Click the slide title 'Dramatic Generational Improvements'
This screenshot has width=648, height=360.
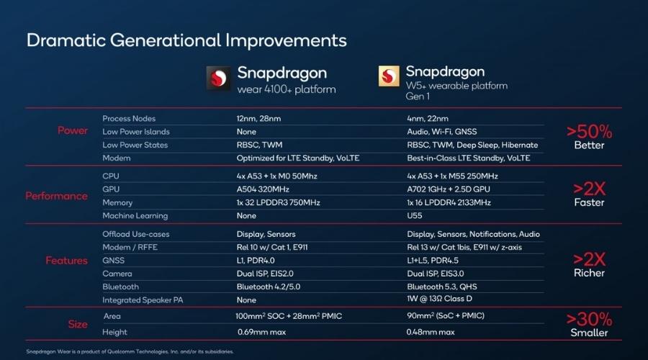[x=186, y=40]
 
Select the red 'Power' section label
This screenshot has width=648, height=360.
[x=73, y=130]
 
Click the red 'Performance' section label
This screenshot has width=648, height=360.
[x=56, y=196]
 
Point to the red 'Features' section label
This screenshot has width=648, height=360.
[x=66, y=261]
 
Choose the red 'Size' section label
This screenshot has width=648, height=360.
[x=78, y=324]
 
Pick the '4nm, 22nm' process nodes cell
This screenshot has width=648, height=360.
[x=428, y=119]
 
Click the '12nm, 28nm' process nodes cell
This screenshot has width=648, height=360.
[x=259, y=119]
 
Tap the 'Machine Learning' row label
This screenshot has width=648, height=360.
[x=135, y=215]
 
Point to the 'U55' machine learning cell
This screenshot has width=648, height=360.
[x=414, y=215]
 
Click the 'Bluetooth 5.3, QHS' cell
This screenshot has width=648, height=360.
[x=441, y=287]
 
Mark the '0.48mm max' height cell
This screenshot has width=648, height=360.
[x=431, y=332]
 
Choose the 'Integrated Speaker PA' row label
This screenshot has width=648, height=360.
[x=144, y=300]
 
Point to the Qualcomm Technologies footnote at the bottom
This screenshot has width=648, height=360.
[x=130, y=351]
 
